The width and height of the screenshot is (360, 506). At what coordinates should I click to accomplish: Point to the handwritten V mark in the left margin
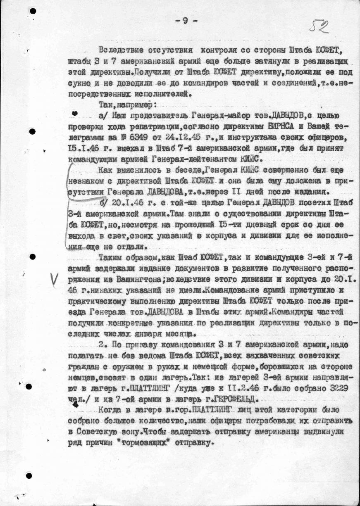click(x=54, y=280)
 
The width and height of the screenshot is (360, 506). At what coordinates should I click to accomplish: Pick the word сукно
click(x=79, y=83)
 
